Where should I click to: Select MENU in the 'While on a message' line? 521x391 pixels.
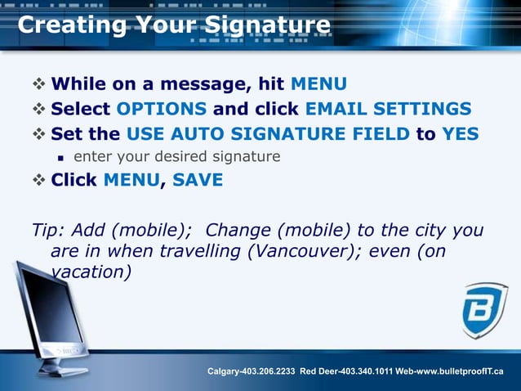319,84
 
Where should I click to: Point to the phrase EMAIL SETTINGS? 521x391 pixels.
388,109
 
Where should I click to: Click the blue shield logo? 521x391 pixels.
484,310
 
